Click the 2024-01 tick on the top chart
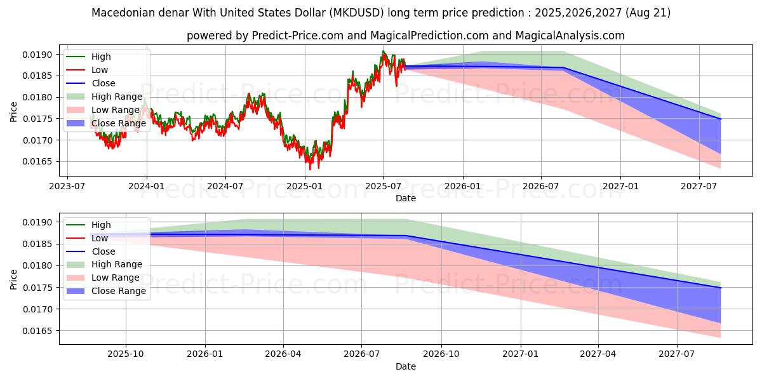point(147,185)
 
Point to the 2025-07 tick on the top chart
point(383,185)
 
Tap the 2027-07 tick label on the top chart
point(699,185)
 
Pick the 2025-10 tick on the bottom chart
point(126,354)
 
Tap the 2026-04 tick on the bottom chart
point(283,354)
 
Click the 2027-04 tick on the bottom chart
point(598,354)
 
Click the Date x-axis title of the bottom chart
point(406,366)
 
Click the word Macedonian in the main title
point(124,13)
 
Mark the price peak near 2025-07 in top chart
point(383,51)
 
